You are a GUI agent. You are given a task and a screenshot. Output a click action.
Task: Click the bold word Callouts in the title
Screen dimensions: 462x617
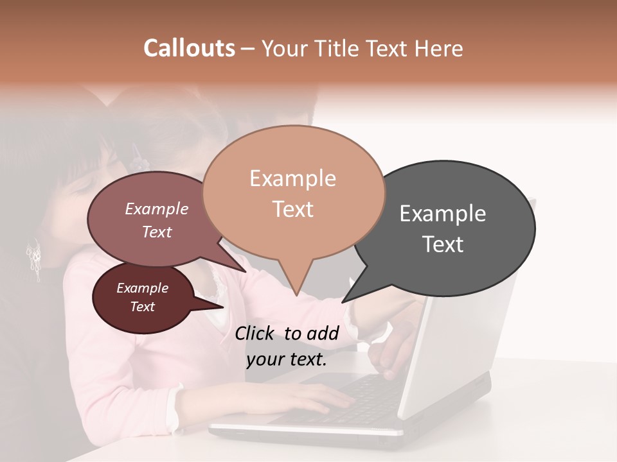tap(189, 48)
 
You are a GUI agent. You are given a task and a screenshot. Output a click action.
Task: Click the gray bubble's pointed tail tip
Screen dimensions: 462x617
tap(343, 302)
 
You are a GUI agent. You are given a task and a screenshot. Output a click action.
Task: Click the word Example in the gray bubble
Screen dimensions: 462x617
tap(443, 214)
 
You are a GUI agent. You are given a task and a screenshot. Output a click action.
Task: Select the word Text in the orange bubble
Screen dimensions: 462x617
tap(293, 209)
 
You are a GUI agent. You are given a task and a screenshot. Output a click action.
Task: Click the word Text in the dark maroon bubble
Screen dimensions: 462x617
tap(143, 307)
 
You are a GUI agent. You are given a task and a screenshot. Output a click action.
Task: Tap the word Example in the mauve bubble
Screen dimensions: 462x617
tap(157, 209)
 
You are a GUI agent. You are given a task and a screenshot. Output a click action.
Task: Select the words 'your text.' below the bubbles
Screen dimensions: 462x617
tap(287, 360)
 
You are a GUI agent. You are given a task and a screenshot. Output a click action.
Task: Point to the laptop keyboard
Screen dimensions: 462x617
tap(360, 398)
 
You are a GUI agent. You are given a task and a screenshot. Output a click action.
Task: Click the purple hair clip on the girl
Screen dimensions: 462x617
tap(136, 155)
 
